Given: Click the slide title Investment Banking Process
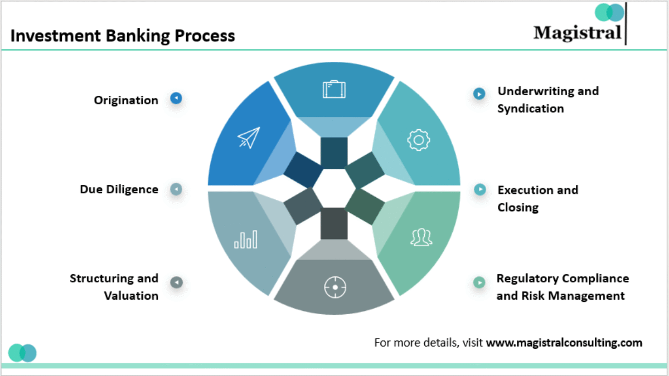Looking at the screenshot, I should pyautogui.click(x=123, y=36).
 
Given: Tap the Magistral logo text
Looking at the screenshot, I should pyautogui.click(x=577, y=32).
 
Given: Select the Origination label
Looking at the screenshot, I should pyautogui.click(x=126, y=100).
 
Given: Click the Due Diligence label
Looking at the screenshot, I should pyautogui.click(x=119, y=189).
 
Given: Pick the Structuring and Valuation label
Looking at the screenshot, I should pyautogui.click(x=114, y=287).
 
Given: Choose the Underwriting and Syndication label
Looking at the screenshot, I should pyautogui.click(x=547, y=99).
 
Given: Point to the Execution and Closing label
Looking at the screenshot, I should pyautogui.click(x=537, y=198).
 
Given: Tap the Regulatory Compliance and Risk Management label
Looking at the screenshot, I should pyautogui.click(x=562, y=287).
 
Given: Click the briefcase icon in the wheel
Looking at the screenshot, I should pyautogui.click(x=334, y=89).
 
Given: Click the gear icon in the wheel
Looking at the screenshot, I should pyautogui.click(x=418, y=140).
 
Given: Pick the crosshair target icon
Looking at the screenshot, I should pyautogui.click(x=334, y=287).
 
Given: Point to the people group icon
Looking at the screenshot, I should pyautogui.click(x=421, y=237).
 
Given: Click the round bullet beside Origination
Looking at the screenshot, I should pyautogui.click(x=176, y=99).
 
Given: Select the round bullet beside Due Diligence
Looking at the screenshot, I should pyautogui.click(x=176, y=189).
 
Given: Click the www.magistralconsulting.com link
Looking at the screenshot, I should pyautogui.click(x=564, y=343).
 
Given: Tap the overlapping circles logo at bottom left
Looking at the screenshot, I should pyautogui.click(x=22, y=353).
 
